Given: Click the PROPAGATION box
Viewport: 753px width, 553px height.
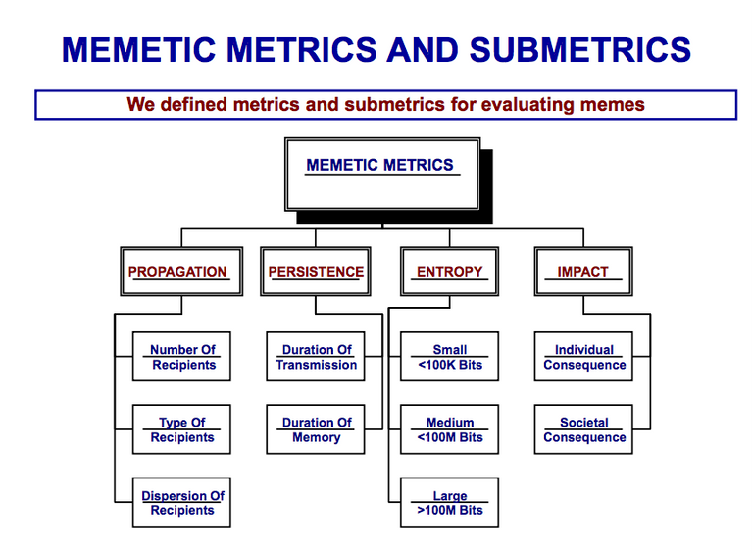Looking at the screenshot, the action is coord(181,272).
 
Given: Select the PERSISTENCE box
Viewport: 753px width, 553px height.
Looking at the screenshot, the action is coord(316,272).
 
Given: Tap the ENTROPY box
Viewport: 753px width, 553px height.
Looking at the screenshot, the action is coord(449,272).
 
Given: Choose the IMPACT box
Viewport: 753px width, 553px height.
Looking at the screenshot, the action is coord(583,272).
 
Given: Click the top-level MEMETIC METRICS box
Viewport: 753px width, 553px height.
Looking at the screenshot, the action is coord(382,175).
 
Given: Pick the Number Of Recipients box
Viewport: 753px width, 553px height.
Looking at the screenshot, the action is coord(181,357).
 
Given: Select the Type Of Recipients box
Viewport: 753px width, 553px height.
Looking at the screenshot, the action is coord(181,429).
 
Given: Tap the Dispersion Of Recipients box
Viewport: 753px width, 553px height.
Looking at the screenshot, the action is coord(181,502).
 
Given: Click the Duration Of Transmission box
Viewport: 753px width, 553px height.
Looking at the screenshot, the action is coord(316,357).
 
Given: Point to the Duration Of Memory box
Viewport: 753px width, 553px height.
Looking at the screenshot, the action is coord(316,429).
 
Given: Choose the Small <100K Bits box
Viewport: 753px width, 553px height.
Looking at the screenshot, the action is coord(449,357).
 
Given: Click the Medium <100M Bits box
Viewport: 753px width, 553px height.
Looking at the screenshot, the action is coord(449,429).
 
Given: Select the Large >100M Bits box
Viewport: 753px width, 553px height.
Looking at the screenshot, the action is coord(449,502).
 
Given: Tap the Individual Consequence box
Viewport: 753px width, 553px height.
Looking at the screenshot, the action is coord(583,357).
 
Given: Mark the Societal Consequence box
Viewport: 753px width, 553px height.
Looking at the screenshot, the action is coord(583,429).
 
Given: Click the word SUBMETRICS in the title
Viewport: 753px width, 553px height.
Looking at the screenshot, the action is coord(580,49).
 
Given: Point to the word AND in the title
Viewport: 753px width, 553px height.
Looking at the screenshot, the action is coord(423,49).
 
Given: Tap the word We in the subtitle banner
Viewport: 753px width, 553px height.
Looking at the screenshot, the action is coord(141,104).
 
